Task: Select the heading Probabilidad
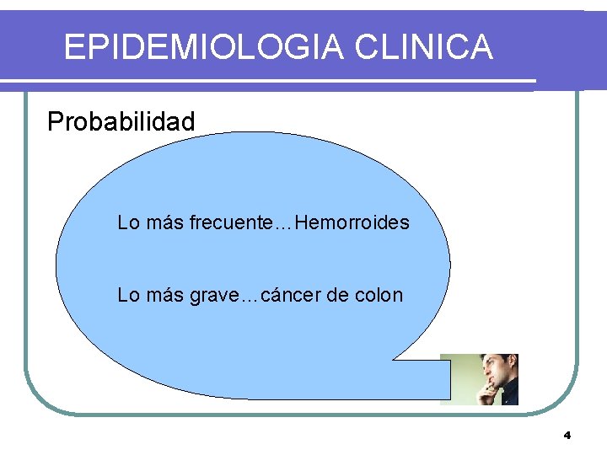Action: (x=121, y=122)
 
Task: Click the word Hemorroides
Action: (x=352, y=223)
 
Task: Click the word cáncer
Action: (x=292, y=296)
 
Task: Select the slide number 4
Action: (x=567, y=436)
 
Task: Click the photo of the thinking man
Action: (x=479, y=379)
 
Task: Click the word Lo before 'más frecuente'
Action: (x=128, y=223)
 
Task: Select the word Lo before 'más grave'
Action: (x=128, y=296)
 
